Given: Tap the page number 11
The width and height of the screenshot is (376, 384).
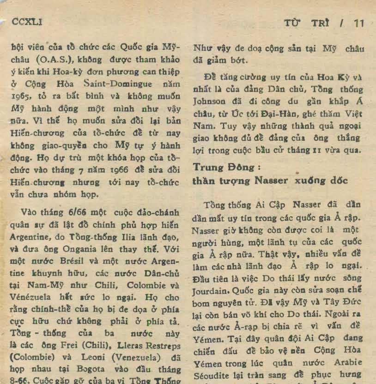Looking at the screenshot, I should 359,23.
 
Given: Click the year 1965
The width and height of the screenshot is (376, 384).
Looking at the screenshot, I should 20,97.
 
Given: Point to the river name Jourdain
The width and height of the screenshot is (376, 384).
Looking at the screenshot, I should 207,291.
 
